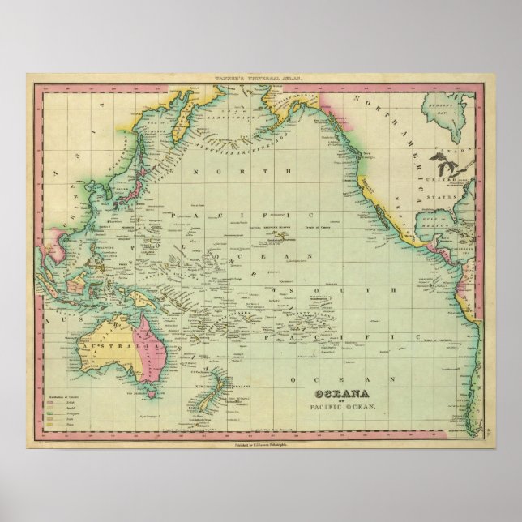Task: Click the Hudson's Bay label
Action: (x=441, y=106)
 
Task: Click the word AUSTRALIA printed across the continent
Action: (x=109, y=331)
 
